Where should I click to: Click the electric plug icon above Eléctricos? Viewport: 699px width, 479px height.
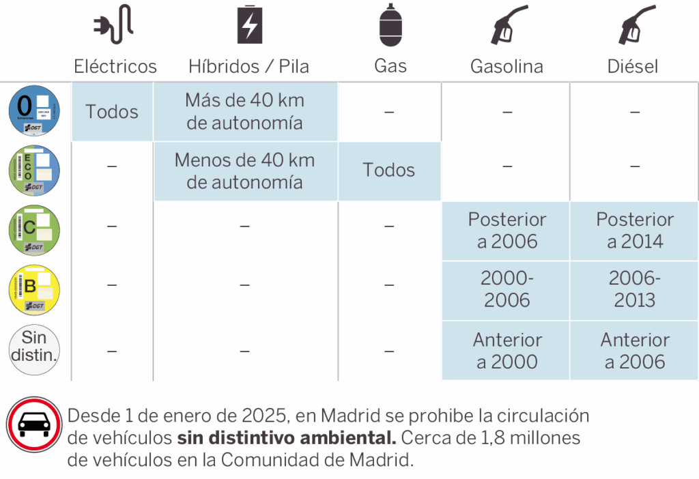(x=113, y=25)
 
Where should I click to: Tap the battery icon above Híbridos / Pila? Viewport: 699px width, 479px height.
(x=250, y=25)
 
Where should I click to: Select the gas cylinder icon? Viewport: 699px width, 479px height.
(x=390, y=25)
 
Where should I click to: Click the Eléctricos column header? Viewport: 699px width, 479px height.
(x=115, y=66)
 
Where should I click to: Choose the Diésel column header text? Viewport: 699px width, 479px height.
(x=633, y=66)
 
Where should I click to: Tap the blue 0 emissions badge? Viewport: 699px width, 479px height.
(x=34, y=111)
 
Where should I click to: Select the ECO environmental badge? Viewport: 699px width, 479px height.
(x=34, y=171)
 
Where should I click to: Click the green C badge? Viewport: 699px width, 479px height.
(x=34, y=230)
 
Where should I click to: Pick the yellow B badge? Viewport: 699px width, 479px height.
(x=34, y=289)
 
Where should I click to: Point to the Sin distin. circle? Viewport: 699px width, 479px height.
(x=34, y=349)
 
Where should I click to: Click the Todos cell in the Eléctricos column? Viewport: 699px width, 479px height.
(x=112, y=111)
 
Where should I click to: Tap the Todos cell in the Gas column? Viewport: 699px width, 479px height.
(x=389, y=171)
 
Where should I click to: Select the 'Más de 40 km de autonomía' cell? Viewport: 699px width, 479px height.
(x=245, y=111)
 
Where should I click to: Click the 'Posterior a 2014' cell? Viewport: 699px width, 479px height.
(x=635, y=230)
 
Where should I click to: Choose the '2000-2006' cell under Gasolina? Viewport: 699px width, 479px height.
(x=507, y=289)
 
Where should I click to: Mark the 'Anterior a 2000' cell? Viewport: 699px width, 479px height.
(x=507, y=350)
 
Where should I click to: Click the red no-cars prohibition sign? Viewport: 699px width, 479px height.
(x=34, y=424)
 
